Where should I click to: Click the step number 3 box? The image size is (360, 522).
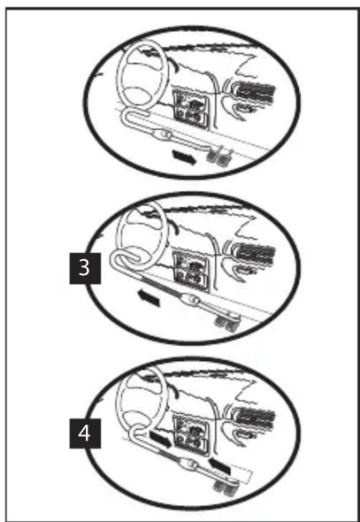[x=85, y=268]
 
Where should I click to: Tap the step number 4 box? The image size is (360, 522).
[x=85, y=434]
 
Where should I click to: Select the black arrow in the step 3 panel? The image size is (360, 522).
[x=149, y=297]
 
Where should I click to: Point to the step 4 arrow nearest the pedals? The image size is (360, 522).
[x=219, y=465]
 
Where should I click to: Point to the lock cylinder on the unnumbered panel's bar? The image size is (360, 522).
[x=163, y=134]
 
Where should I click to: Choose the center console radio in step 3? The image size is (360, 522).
[x=191, y=270]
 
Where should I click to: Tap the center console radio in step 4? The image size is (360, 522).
[x=191, y=433]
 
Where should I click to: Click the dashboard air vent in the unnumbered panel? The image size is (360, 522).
[x=255, y=90]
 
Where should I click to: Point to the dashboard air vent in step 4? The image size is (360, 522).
[x=255, y=416]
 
